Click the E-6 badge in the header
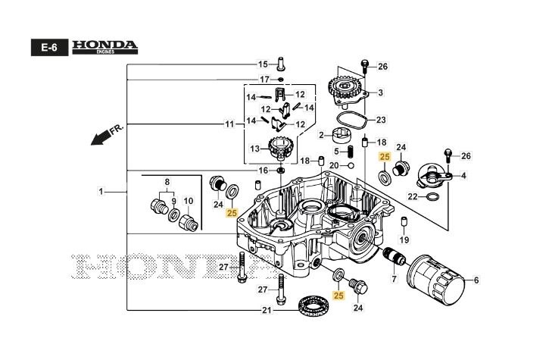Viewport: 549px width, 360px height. click(x=49, y=48)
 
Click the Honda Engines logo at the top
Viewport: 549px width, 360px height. click(x=104, y=47)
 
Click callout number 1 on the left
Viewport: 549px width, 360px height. click(x=101, y=193)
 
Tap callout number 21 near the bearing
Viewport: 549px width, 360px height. click(x=266, y=311)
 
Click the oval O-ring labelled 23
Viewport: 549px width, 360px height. click(x=353, y=119)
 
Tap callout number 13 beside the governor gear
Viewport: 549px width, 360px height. click(x=254, y=148)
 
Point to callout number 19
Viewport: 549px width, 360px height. click(x=404, y=239)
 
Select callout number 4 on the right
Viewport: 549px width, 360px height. click(x=463, y=175)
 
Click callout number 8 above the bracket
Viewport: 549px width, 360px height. click(x=168, y=182)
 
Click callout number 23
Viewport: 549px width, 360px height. click(x=381, y=120)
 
